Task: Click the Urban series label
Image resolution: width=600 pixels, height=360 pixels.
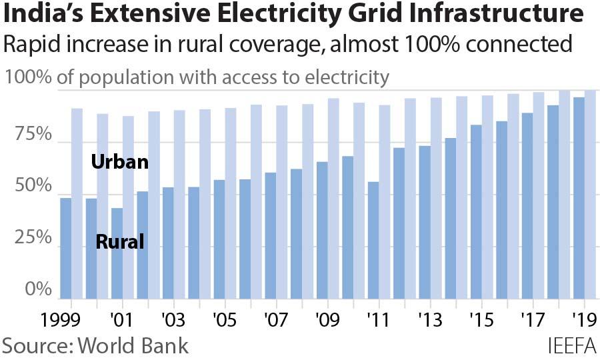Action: tap(119, 162)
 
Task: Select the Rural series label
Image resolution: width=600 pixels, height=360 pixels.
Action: tap(120, 241)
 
